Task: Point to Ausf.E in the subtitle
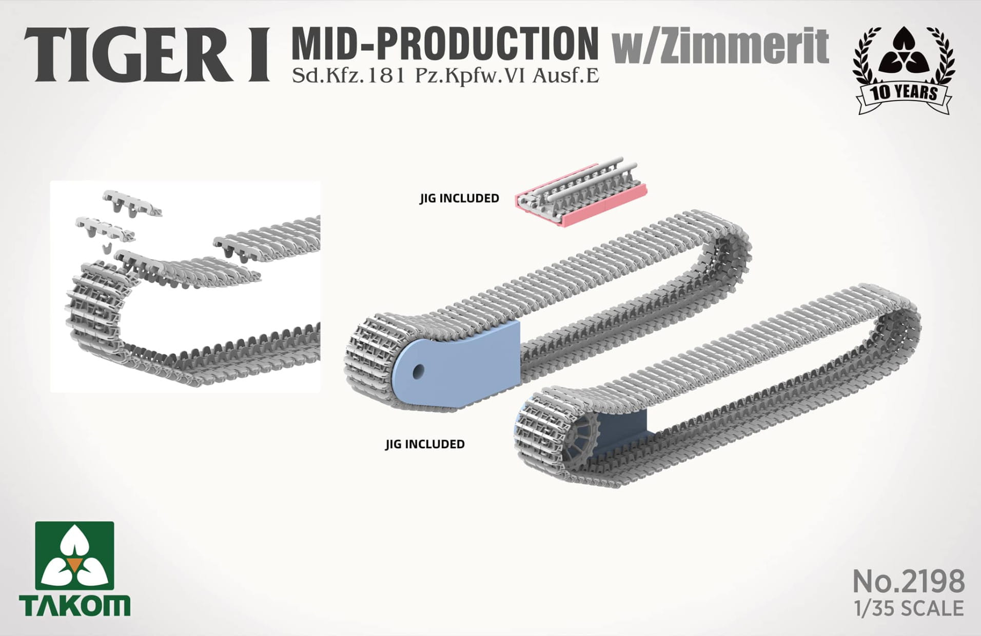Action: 566,76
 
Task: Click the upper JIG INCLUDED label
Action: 459,198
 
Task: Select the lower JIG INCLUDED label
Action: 425,444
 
